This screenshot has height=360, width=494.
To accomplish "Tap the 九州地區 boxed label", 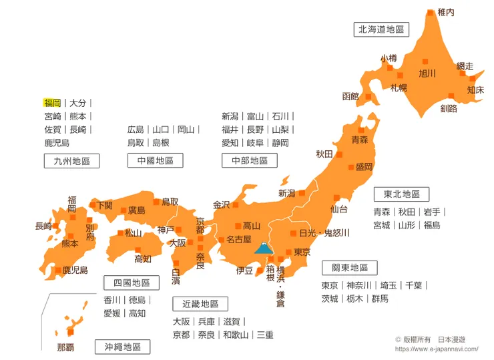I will [71, 160].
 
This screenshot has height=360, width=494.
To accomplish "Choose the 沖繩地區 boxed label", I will [122, 347].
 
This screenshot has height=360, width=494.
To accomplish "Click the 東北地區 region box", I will [401, 194].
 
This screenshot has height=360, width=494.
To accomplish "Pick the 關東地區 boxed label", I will [350, 268].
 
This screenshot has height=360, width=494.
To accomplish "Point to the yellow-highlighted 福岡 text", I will [52, 103].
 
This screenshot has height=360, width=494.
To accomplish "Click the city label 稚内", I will [446, 12].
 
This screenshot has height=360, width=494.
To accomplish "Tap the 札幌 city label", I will [399, 87].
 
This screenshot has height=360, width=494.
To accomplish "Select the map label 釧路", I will [449, 108].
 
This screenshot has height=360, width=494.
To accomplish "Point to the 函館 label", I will [350, 96].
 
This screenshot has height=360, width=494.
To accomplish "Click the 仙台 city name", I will [339, 209].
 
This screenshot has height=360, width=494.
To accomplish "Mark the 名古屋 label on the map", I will [238, 239].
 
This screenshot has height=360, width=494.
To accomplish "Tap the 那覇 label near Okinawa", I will [65, 347].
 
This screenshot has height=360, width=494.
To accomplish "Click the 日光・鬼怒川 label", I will [324, 233].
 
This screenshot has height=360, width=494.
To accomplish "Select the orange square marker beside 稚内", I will [431, 12].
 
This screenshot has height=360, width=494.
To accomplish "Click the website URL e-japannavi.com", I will [437, 349].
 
